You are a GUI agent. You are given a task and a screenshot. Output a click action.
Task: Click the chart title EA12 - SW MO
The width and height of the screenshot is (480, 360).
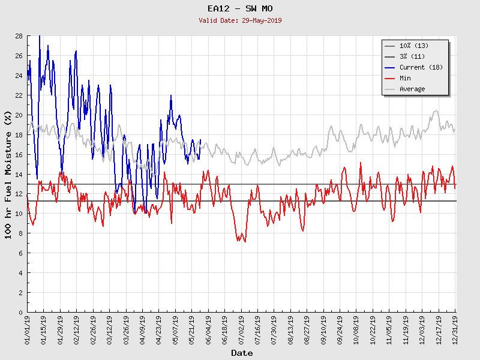coord(239,8)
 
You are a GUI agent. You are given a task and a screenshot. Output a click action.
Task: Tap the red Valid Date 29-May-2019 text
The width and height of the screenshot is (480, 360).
coord(239,20)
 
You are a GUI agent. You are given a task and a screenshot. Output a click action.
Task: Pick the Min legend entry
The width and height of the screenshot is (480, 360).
coord(405,78)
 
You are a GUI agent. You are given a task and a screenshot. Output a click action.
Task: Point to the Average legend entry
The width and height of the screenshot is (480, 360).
coord(412,89)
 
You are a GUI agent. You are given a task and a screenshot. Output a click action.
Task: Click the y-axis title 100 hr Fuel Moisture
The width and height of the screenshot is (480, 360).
coord(9,174)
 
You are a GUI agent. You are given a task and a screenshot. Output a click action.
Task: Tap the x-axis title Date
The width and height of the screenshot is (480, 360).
coord(242,353)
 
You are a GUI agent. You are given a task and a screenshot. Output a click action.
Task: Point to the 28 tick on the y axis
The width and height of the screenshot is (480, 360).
coord(19,36)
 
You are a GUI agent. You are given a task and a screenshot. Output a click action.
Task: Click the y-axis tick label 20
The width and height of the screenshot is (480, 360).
coord(19,115)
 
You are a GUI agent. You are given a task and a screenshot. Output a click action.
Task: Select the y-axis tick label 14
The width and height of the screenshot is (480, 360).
coord(19,175)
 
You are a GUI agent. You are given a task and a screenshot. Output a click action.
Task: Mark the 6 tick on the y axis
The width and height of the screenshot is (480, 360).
coord(20,253)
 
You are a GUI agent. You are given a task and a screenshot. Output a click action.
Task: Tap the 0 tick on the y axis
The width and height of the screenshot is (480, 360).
coord(20,313)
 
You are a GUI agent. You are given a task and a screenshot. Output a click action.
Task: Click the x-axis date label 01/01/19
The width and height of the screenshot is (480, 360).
coord(28,329)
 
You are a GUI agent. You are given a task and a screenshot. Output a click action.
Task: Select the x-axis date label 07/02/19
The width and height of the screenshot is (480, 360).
coord(241,329)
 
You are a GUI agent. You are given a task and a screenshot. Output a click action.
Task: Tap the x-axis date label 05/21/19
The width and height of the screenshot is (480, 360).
coord(192,329)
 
